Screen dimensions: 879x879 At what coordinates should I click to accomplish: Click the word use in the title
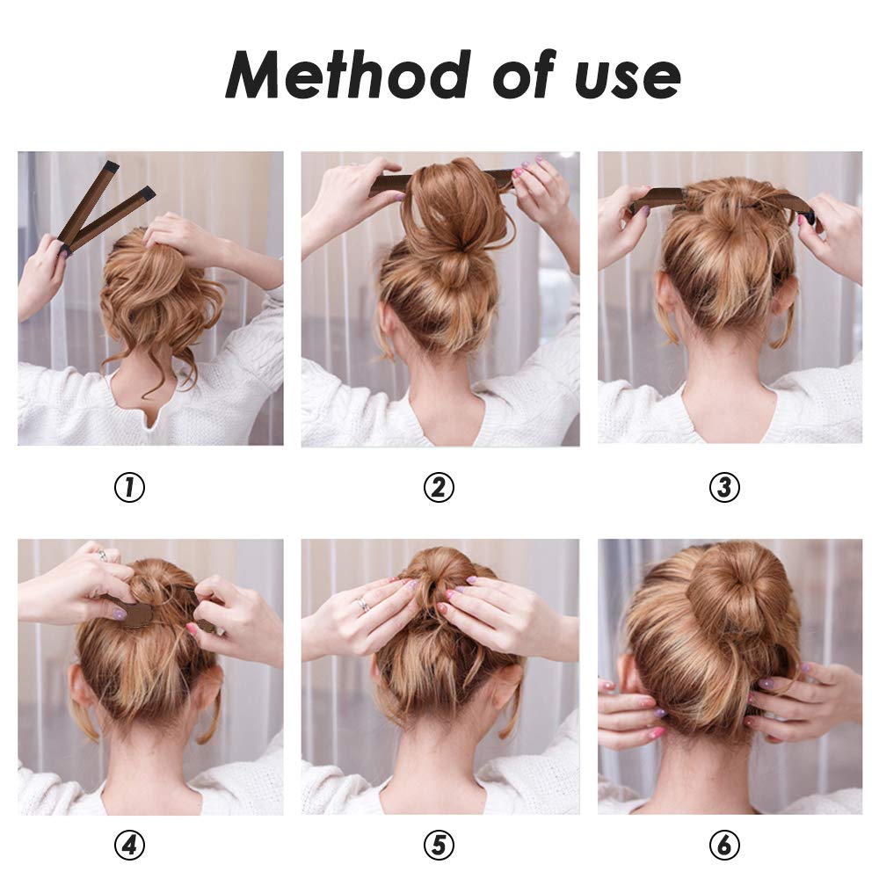tap(628, 77)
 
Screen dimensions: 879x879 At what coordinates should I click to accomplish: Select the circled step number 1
tap(129, 487)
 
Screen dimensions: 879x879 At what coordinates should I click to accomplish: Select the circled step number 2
tap(439, 487)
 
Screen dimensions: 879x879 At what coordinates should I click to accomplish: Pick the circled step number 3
tap(724, 487)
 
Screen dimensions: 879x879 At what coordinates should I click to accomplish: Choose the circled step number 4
tap(129, 846)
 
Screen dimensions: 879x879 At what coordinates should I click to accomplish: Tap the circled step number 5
tap(439, 846)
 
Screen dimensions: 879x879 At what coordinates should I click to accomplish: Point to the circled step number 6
tap(724, 846)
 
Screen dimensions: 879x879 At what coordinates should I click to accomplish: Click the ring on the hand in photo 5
tap(362, 605)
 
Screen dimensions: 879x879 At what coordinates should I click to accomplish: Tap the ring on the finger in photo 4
tap(103, 555)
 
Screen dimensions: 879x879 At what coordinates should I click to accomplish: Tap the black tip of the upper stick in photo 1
tap(111, 166)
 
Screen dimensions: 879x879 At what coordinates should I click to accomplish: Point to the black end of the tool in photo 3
tap(807, 216)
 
